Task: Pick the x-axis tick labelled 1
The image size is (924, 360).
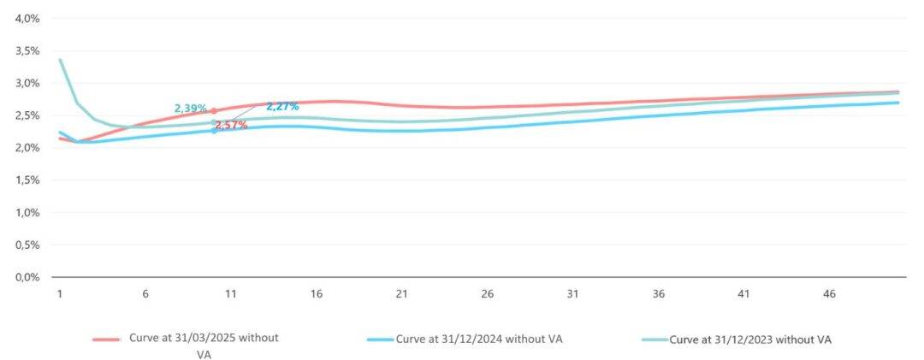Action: click(x=60, y=294)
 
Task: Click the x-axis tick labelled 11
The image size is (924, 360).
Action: click(x=230, y=294)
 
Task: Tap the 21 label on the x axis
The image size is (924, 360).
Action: click(x=401, y=294)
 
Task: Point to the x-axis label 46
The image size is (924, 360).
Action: click(x=828, y=294)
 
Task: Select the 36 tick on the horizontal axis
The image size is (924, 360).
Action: click(x=658, y=294)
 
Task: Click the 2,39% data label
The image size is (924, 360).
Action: click(x=190, y=109)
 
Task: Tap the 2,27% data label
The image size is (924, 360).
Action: click(x=282, y=107)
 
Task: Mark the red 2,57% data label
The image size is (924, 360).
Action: click(x=231, y=125)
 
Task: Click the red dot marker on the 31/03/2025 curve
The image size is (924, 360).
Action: click(x=214, y=111)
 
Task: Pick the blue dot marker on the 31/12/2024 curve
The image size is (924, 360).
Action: click(x=214, y=131)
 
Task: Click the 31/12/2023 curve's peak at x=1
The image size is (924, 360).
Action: click(x=60, y=60)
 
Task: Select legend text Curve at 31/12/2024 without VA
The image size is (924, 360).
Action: click(x=479, y=339)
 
